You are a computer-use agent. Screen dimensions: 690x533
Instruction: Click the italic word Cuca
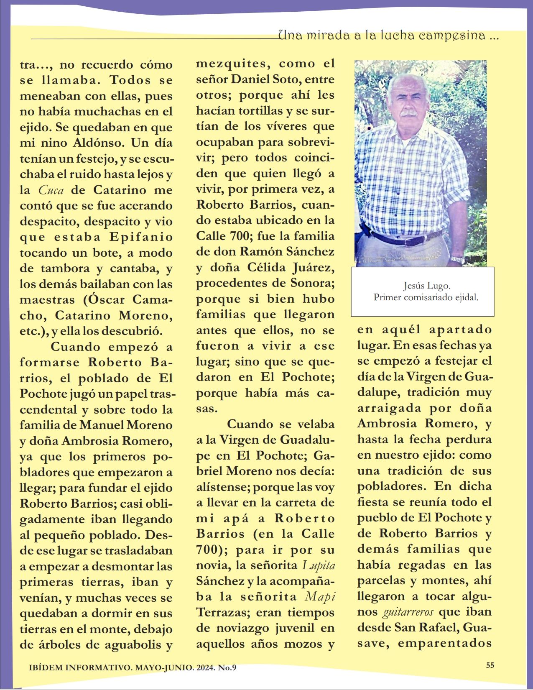click(x=51, y=190)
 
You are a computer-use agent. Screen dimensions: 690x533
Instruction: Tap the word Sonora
click(x=313, y=283)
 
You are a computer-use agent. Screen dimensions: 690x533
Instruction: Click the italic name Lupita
click(x=319, y=565)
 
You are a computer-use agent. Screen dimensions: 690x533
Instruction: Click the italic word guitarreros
click(x=407, y=613)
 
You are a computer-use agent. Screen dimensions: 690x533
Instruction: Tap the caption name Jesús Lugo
click(x=426, y=286)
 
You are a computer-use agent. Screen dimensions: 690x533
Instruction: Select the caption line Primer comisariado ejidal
click(x=426, y=298)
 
